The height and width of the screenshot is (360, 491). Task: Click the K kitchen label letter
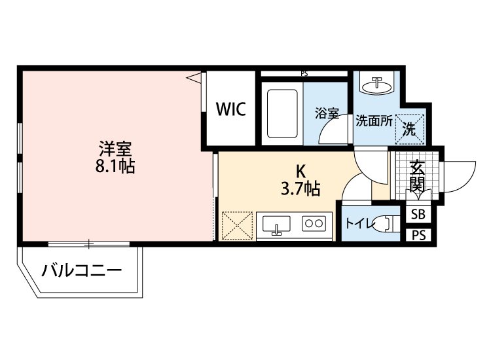(x=300, y=172)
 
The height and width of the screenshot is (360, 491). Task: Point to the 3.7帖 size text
(x=300, y=190)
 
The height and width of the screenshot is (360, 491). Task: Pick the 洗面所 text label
(x=374, y=121)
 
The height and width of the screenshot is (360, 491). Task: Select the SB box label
(x=417, y=215)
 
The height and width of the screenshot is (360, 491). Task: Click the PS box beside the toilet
(x=417, y=235)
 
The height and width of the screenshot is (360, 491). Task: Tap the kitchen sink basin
(x=276, y=225)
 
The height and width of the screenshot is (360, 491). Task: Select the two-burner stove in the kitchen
(x=312, y=224)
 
